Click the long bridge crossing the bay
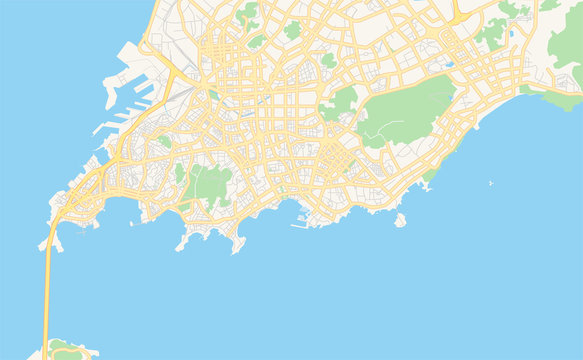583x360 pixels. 46,290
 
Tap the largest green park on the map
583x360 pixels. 405,107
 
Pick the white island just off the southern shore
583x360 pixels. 400,220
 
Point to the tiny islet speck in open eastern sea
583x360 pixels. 490,183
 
